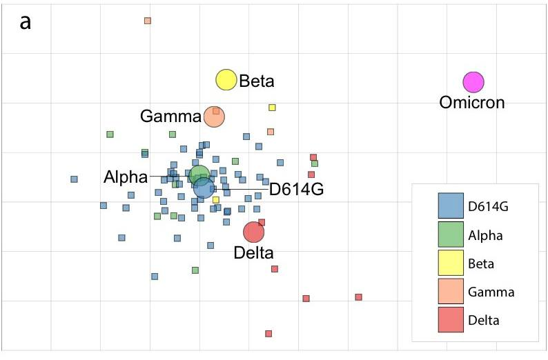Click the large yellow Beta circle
(x=226, y=80)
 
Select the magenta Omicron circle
(x=473, y=82)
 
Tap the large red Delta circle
(x=254, y=233)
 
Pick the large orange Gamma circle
(x=215, y=117)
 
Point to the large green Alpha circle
(x=199, y=175)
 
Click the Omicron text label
(x=472, y=103)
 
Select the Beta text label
(x=257, y=81)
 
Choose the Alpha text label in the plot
(x=126, y=177)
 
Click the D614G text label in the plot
(x=296, y=189)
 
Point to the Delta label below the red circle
(x=254, y=253)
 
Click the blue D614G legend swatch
(x=449, y=206)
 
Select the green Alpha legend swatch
(x=449, y=234)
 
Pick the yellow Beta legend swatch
(x=449, y=263)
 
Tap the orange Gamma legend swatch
(x=449, y=291)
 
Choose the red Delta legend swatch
(x=449, y=319)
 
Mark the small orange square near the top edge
(x=148, y=21)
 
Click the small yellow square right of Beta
(x=273, y=108)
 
